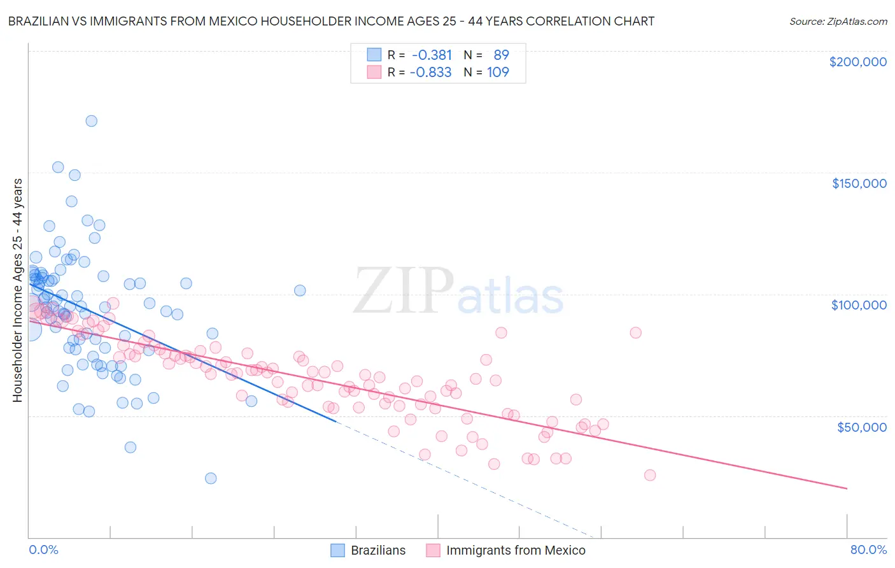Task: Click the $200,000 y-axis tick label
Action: [x=857, y=62]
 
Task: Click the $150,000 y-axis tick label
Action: [x=859, y=183]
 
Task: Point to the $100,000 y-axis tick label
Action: [x=859, y=305]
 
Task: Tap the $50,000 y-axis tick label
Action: [x=861, y=427]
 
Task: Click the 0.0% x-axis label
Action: [x=43, y=550]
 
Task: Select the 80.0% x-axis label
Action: [x=868, y=550]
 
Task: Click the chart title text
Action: [x=331, y=21]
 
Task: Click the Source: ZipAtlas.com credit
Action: [x=838, y=21]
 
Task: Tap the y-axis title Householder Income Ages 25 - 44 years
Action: [x=17, y=290]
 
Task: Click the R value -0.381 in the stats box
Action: [x=432, y=55]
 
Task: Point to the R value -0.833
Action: [x=430, y=72]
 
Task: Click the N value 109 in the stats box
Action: [x=498, y=72]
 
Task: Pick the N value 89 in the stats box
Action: [x=501, y=55]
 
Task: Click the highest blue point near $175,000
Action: [x=92, y=121]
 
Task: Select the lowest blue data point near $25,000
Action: [x=211, y=478]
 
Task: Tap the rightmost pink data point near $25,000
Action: [x=650, y=475]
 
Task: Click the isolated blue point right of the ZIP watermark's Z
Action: [x=300, y=290]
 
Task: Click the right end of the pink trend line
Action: [x=847, y=488]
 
